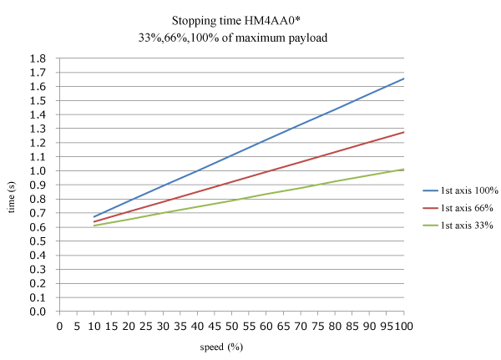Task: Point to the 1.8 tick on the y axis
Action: click(x=37, y=58)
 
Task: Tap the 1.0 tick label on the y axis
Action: click(x=37, y=171)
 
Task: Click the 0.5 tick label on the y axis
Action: click(x=37, y=241)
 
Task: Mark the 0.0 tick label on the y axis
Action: click(x=37, y=312)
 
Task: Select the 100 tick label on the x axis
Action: click(x=402, y=324)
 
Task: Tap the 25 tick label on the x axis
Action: click(x=146, y=324)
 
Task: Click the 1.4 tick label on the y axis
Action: click(x=37, y=114)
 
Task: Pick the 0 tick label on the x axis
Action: click(x=60, y=324)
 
